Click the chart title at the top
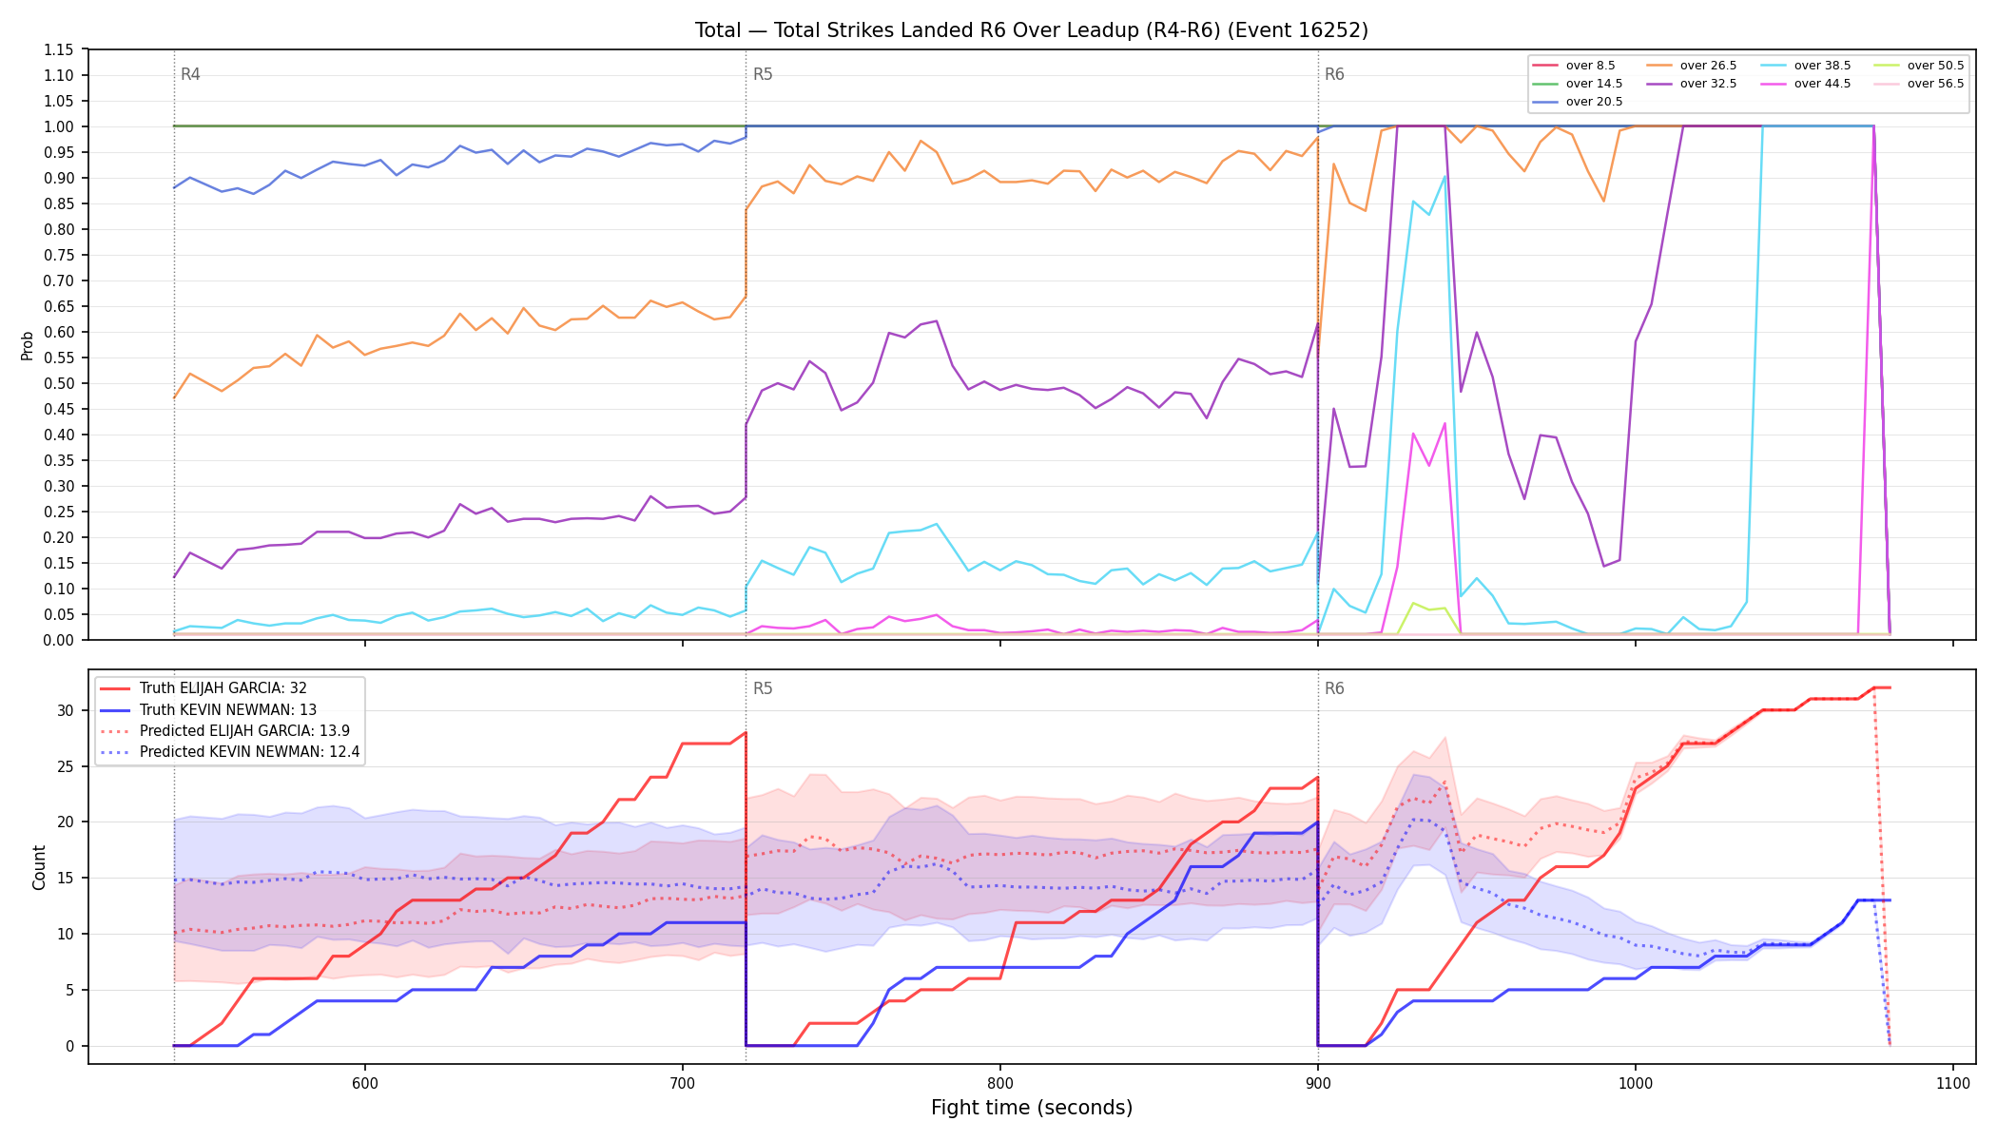pyautogui.click(x=1032, y=30)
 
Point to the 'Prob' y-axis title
pyautogui.click(x=28, y=345)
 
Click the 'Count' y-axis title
pyautogui.click(x=39, y=867)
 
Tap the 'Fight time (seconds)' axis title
pyautogui.click(x=1032, y=1108)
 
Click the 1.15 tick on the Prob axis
pyautogui.click(x=60, y=49)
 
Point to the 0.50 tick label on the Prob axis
pyautogui.click(x=60, y=383)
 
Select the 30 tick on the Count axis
pyautogui.click(x=66, y=710)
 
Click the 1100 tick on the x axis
pyautogui.click(x=1952, y=1083)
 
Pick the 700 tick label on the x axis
pyautogui.click(x=682, y=1083)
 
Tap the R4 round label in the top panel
pyautogui.click(x=190, y=74)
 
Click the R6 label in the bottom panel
pyautogui.click(x=1334, y=688)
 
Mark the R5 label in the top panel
pyautogui.click(x=763, y=74)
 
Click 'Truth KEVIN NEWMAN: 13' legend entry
pyautogui.click(x=227, y=710)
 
